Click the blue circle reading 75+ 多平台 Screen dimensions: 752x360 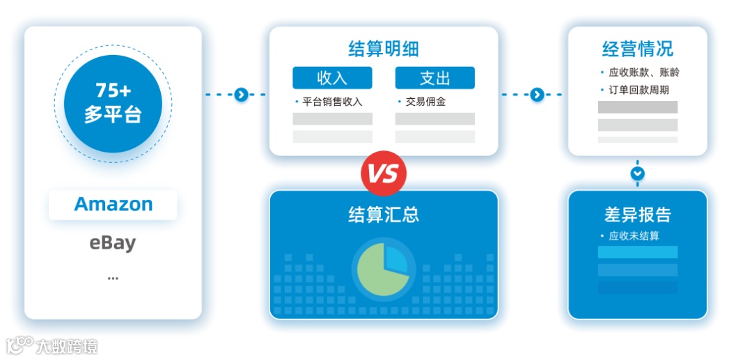(113, 104)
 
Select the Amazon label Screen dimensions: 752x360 (113, 205)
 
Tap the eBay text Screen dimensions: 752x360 (113, 243)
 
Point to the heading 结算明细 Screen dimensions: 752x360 (384, 49)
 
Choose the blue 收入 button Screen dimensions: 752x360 (332, 77)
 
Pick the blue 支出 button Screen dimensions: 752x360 (434, 77)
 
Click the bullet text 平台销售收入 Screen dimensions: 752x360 (332, 102)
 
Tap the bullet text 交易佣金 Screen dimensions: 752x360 (426, 102)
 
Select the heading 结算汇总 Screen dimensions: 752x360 (384, 214)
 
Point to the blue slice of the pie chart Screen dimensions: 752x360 (395, 259)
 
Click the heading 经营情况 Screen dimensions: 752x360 (637, 49)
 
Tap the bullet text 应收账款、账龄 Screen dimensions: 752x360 (643, 72)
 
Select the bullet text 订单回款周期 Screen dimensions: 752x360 (639, 90)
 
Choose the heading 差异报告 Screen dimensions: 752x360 (637, 214)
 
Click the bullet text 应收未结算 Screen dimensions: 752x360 (634, 236)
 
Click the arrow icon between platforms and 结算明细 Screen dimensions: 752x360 (241, 95)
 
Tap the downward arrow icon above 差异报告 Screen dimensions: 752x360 (638, 173)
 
